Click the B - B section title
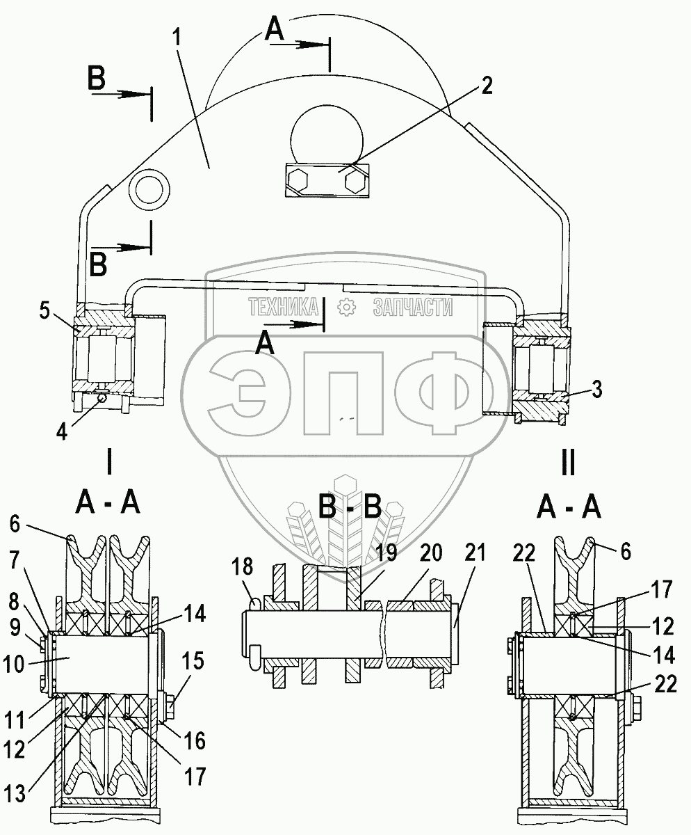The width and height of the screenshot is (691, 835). click(x=350, y=509)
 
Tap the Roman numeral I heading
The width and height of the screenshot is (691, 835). click(x=109, y=461)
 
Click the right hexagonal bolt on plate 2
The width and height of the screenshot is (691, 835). click(x=355, y=182)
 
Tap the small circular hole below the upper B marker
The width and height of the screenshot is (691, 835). click(x=151, y=189)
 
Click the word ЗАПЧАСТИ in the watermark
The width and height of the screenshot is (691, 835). click(x=412, y=307)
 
